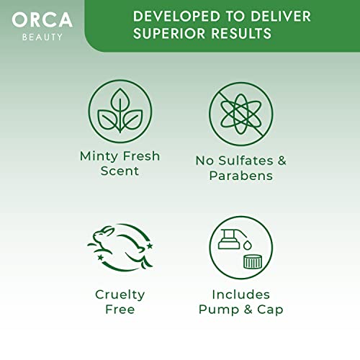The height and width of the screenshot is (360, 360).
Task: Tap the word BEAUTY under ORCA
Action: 41,37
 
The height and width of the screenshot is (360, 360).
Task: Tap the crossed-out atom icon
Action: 241,113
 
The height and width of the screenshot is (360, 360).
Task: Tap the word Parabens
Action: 241,176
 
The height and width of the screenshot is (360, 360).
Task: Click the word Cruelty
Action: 120,294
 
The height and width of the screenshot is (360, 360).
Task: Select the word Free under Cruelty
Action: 120,310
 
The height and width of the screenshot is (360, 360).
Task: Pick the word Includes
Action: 241,294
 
